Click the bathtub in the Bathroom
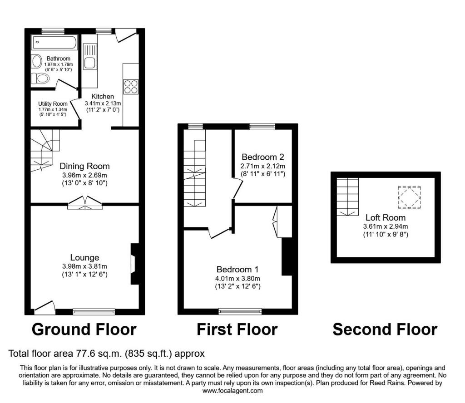coord(54,42)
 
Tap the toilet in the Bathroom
coord(40,79)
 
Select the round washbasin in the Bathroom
coord(37,61)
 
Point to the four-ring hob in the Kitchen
coord(131,87)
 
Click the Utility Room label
coord(53,104)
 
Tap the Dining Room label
coord(84,166)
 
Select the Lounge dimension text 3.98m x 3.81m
coord(84,266)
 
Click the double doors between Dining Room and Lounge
coord(85,203)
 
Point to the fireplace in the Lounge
coord(135,264)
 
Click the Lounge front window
coord(94,311)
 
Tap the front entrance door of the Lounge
coord(45,308)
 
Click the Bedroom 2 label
coord(263,157)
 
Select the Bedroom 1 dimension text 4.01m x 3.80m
coord(237,279)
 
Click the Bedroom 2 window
coord(262,127)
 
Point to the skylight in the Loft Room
coord(409,197)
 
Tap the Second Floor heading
coord(385,329)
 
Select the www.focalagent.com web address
coord(232,391)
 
